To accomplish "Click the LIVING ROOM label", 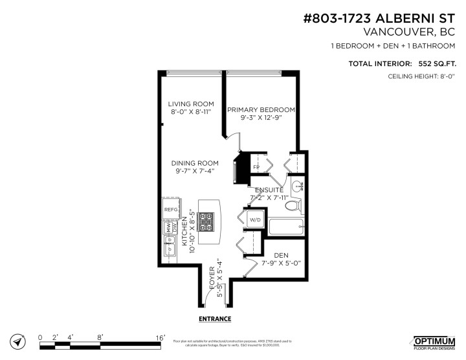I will pos(191,104).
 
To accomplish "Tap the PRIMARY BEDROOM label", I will pos(261,109).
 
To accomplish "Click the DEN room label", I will pos(281,255).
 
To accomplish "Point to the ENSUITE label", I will pos(268,190).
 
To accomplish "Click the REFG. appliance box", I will pos(171,210).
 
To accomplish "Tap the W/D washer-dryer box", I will pos(254,220).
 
